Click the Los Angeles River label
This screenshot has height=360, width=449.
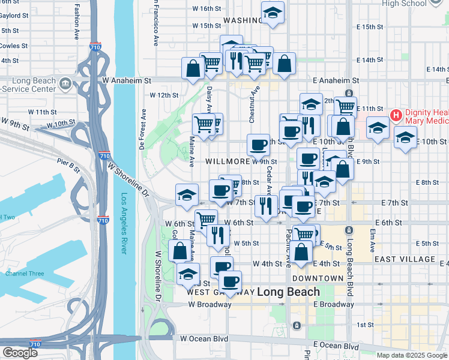click(x=124, y=223)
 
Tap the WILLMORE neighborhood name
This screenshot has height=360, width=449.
click(x=227, y=162)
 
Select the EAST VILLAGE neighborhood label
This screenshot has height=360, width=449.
click(x=404, y=259)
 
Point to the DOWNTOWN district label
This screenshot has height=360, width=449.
click(x=318, y=279)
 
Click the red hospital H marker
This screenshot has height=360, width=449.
click(x=396, y=115)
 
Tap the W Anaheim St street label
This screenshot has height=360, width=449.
click(x=126, y=80)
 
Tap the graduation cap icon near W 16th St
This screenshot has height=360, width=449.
click(x=273, y=13)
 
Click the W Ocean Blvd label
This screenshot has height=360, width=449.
click(x=204, y=339)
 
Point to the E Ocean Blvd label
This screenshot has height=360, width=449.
click(x=336, y=346)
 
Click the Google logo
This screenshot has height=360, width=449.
click(x=20, y=353)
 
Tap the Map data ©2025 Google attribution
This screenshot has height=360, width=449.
click(x=412, y=355)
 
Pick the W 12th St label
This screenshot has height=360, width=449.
click(x=164, y=95)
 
